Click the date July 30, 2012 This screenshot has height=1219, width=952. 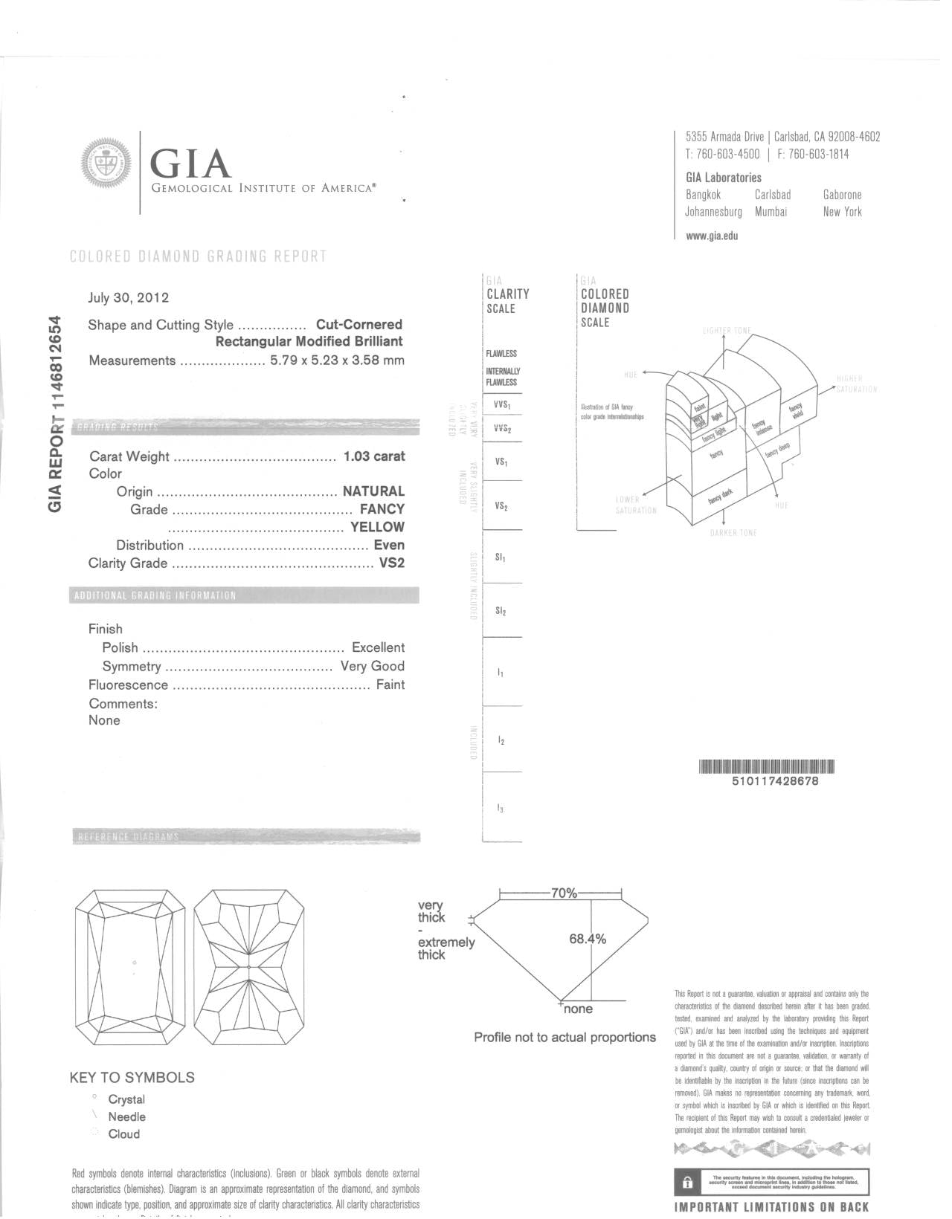[129, 298]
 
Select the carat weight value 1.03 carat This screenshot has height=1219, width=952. [373, 456]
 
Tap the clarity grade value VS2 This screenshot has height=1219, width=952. [392, 563]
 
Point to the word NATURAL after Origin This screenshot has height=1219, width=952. [373, 491]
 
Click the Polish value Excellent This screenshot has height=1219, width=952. [378, 647]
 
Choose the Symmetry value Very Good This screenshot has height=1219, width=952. [372, 666]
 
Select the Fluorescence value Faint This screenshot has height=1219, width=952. [390, 685]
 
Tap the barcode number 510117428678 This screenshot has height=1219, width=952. [775, 781]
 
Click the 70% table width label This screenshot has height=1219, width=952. [564, 893]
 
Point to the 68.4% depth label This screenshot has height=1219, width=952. [588, 939]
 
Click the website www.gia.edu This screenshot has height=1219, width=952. [712, 236]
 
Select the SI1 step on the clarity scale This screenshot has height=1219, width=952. [501, 557]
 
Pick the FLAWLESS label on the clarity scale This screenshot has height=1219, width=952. [501, 354]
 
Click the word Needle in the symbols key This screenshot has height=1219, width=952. [126, 1116]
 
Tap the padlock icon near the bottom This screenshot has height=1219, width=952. [688, 1181]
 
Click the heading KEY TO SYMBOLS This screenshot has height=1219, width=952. [132, 1077]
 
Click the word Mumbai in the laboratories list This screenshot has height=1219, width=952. [771, 212]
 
